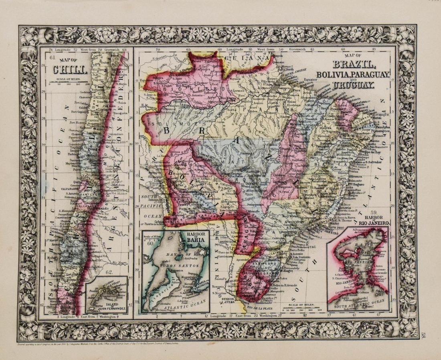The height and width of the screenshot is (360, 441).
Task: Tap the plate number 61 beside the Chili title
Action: coord(52,57)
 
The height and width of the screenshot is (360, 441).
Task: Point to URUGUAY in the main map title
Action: coord(352,85)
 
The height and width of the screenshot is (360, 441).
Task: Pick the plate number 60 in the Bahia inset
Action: coord(150,242)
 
